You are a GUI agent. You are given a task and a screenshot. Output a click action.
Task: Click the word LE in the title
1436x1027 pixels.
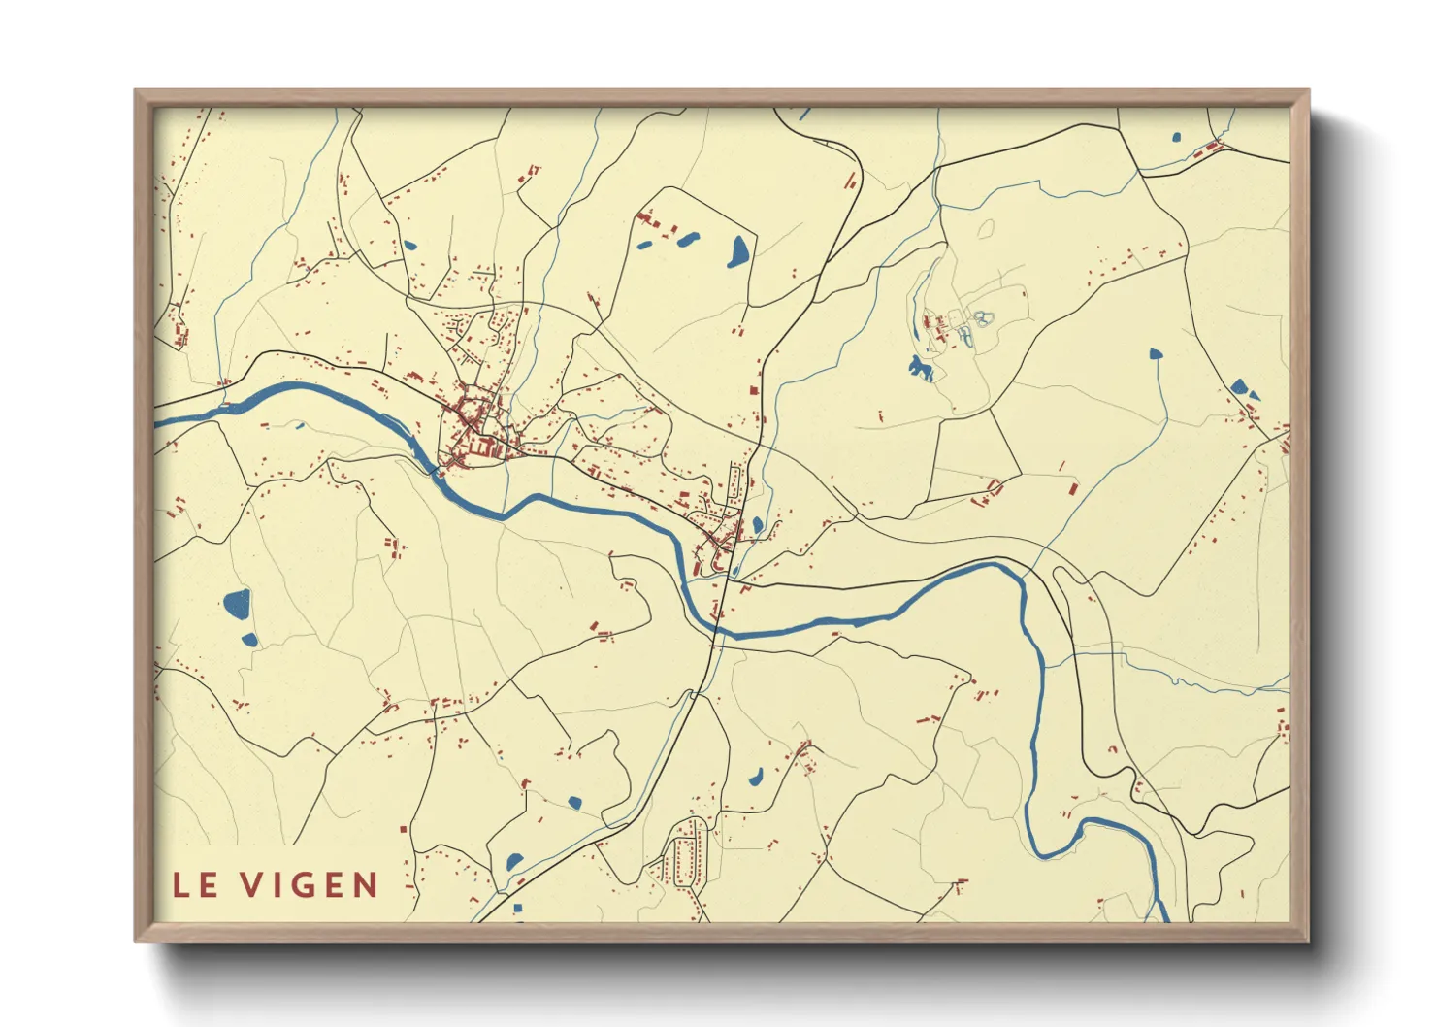point(195,885)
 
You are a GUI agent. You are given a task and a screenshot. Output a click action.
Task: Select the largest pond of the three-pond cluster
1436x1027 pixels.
point(738,251)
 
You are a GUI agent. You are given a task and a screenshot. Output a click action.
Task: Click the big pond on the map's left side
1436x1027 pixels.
point(237,605)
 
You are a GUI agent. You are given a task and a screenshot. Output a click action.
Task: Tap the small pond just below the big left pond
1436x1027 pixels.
point(249,640)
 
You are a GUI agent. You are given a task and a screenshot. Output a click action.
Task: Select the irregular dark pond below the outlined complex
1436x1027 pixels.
point(918,367)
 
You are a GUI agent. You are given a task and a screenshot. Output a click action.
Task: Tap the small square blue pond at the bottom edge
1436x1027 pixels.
point(517,910)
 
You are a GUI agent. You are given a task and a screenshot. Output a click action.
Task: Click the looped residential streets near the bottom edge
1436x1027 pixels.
point(690,854)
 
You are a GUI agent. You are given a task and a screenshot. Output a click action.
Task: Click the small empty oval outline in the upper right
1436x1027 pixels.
point(987,229)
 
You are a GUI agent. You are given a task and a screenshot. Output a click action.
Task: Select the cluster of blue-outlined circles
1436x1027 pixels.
point(982,317)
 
